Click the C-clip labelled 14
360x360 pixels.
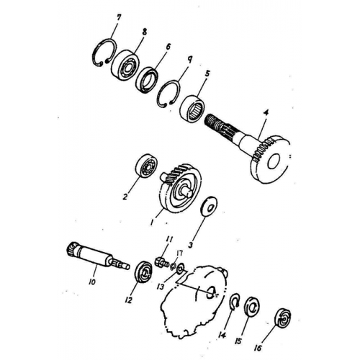(x=235, y=300)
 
